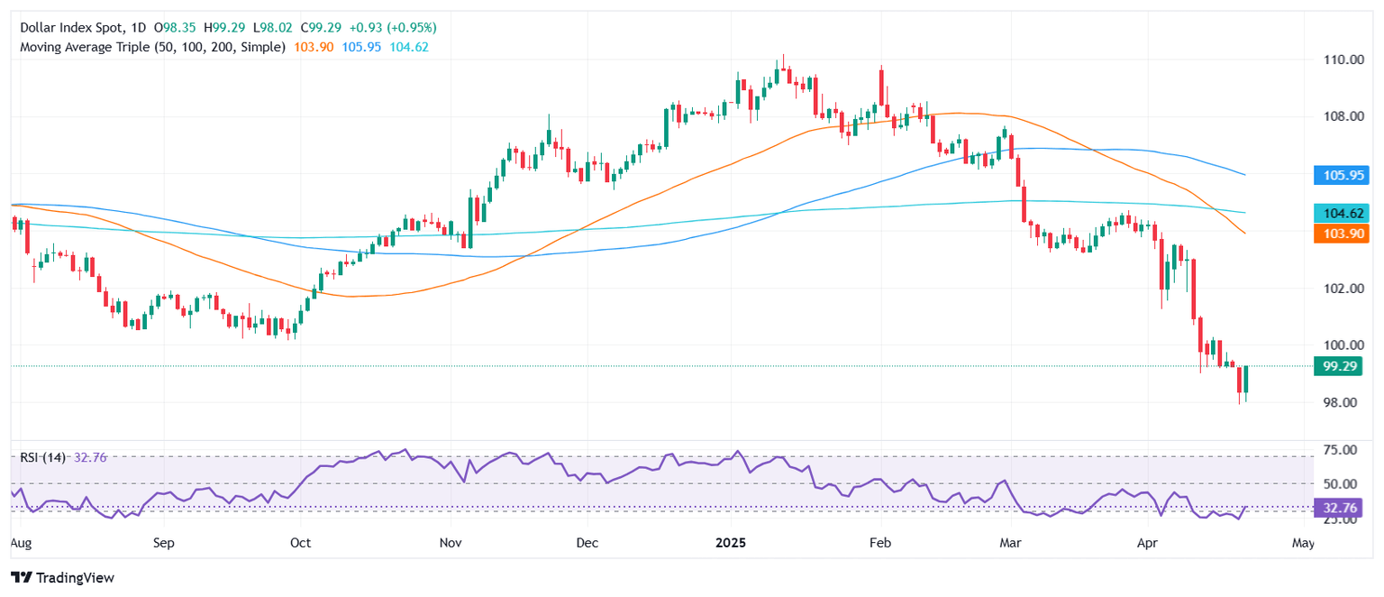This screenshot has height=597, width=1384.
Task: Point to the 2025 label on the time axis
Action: (x=732, y=544)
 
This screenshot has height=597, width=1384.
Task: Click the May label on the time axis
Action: (x=1303, y=544)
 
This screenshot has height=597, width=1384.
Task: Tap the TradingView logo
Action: (x=63, y=577)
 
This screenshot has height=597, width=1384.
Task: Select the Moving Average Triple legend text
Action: (x=153, y=46)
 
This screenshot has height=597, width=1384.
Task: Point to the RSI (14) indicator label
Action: (x=43, y=458)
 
